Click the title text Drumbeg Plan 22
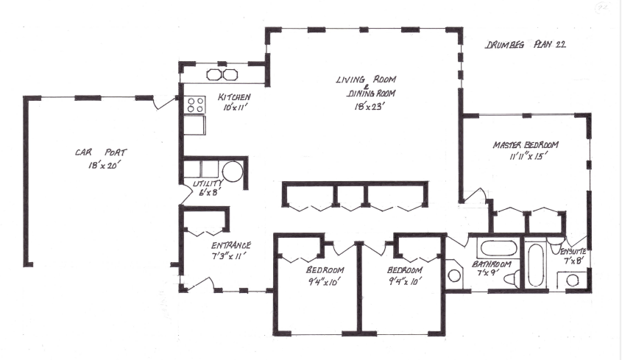click(524, 45)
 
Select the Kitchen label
click(234, 97)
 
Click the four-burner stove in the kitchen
click(195, 105)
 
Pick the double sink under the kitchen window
click(222, 74)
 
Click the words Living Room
click(366, 80)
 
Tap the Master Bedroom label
click(526, 144)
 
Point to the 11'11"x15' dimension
click(525, 156)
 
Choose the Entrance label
click(231, 245)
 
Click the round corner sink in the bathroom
click(455, 276)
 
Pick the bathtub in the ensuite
click(535, 265)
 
